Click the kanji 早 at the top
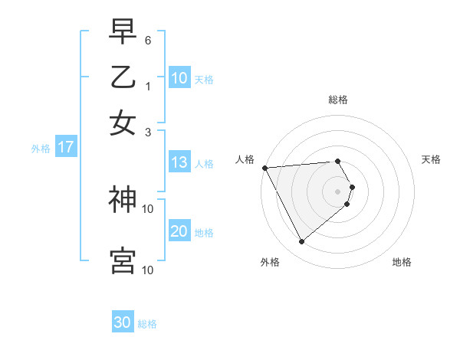pos(123,33)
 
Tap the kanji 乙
pos(123,77)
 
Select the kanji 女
pos(123,123)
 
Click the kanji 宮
pos(123,260)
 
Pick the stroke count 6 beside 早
pos(148,40)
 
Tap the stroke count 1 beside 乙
pos(148,85)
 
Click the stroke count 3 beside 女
pos(148,131)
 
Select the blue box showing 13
pos(179,162)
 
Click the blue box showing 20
pos(179,232)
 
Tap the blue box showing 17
pos(65,148)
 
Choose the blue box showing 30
pos(123,322)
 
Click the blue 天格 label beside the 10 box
pos(204,80)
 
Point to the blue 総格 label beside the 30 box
pos(147,324)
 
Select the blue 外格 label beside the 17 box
pos(41,149)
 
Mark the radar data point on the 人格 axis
pos(264,168)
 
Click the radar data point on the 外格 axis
pos(301,242)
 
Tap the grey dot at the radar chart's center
pos(337,191)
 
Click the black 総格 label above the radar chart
pos(338,100)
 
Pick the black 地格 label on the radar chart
pos(402,262)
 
